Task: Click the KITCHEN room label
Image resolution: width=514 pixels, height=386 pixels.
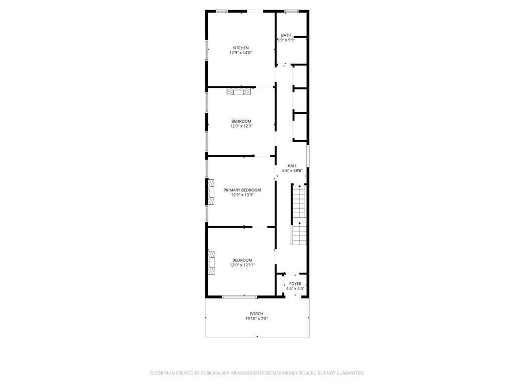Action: [x=240, y=48]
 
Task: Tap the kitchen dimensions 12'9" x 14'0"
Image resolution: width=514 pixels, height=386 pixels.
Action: [x=240, y=53]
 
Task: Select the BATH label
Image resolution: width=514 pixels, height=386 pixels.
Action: [x=286, y=35]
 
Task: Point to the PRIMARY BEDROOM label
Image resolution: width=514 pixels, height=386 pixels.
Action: [x=242, y=190]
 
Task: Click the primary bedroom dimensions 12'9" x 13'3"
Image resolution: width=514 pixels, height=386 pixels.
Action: [x=242, y=195]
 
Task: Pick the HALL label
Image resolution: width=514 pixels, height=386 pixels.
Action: [x=292, y=166]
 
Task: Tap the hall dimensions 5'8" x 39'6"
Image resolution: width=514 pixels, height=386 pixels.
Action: [x=292, y=171]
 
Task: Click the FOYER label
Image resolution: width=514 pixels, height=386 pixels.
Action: [x=295, y=284]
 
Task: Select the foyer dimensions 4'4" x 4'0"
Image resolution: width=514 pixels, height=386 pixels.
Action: [x=295, y=289]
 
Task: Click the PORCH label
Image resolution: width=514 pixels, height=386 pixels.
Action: [x=256, y=314]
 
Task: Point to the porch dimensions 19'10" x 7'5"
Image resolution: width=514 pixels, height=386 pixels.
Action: [x=256, y=319]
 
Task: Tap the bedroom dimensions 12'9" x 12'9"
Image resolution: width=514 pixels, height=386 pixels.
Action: [x=241, y=126]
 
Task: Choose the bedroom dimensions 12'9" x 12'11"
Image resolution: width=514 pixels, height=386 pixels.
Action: [x=242, y=265]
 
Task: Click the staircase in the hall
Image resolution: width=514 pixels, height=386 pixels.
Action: [x=299, y=215]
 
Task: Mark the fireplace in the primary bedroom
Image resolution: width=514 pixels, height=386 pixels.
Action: [x=211, y=192]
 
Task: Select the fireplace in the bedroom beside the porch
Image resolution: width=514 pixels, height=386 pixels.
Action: [x=211, y=262]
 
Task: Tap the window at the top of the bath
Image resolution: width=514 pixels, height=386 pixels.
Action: [x=291, y=11]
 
